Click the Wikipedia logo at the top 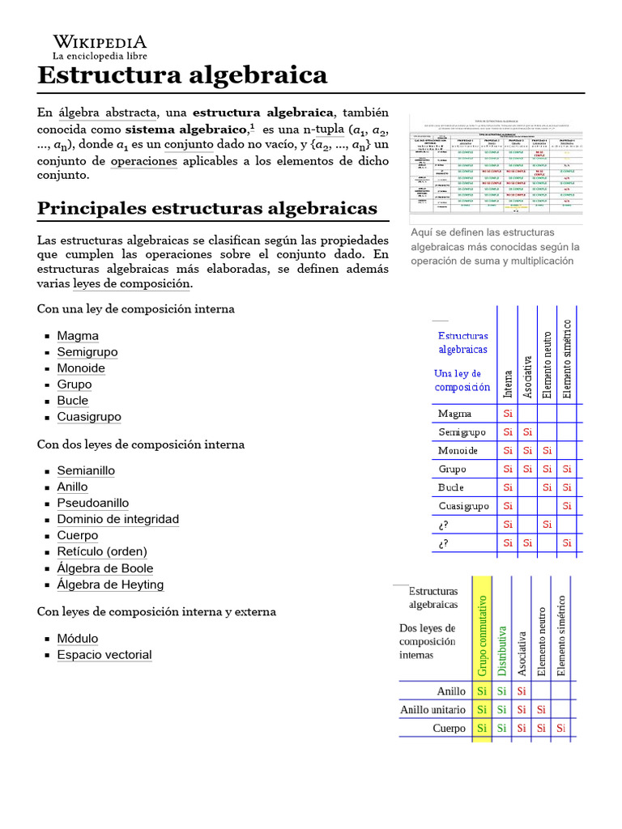click(x=99, y=48)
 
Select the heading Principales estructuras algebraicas click(x=207, y=208)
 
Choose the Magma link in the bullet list click(x=78, y=336)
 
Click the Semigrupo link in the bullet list click(x=87, y=352)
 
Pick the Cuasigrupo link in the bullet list click(x=89, y=417)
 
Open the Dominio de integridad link click(x=118, y=519)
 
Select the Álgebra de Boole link click(x=105, y=568)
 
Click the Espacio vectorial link click(x=104, y=655)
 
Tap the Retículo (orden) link click(x=102, y=551)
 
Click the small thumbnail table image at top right click(x=496, y=168)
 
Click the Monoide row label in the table click(x=458, y=451)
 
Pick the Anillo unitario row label click(x=433, y=710)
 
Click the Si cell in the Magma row click(x=508, y=414)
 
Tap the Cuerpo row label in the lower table click(x=449, y=729)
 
